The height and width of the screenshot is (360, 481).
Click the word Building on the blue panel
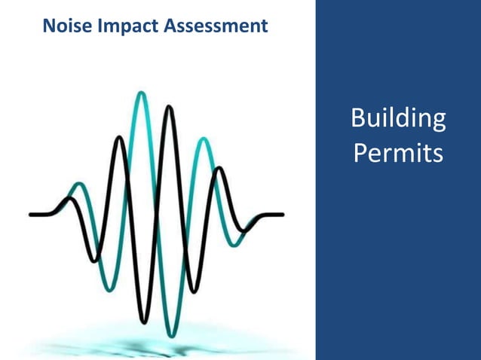[x=398, y=120]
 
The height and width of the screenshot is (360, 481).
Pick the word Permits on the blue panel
[x=397, y=153]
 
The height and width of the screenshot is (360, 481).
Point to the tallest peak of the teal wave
[x=141, y=93]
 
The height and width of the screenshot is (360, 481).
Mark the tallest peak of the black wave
[x=170, y=108]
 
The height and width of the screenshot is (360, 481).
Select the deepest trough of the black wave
[x=143, y=320]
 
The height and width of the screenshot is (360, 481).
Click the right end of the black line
[x=282, y=215]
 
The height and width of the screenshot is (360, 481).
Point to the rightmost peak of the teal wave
[x=201, y=139]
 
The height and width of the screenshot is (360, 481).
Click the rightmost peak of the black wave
[x=219, y=169]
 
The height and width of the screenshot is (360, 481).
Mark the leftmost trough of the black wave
[x=93, y=261]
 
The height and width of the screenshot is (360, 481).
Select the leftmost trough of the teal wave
[x=109, y=289]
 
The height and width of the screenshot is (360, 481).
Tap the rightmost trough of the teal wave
[x=237, y=245]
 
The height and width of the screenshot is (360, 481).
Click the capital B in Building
[x=360, y=120]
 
